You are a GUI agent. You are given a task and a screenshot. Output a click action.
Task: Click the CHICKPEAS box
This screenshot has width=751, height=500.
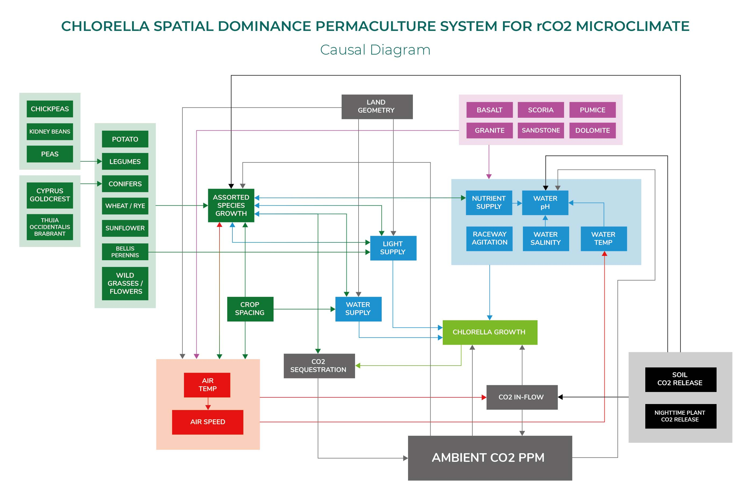(50, 109)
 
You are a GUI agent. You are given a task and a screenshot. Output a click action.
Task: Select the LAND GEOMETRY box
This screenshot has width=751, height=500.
(377, 106)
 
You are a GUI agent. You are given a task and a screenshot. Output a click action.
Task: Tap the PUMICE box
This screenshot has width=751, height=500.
(592, 110)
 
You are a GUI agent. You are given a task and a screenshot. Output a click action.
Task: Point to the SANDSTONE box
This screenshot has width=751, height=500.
(540, 130)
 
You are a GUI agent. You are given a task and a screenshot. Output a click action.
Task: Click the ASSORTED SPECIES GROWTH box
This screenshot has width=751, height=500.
(231, 205)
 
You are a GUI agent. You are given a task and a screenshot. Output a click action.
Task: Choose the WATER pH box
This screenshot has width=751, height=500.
(545, 202)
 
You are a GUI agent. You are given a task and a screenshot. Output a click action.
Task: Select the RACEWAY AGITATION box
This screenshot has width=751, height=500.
(489, 238)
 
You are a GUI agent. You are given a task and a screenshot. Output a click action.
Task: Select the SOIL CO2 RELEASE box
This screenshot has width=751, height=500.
(680, 379)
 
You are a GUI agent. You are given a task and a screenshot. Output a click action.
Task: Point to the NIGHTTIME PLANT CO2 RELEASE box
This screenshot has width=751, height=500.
(680, 416)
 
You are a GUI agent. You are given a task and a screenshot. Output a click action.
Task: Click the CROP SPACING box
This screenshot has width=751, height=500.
(250, 309)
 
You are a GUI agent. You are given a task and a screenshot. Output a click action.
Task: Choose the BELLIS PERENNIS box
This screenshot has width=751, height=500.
(125, 252)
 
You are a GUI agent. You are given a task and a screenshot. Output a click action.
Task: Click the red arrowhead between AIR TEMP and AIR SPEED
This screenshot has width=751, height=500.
(208, 407)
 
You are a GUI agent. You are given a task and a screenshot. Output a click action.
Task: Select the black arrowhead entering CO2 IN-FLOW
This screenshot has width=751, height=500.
(560, 397)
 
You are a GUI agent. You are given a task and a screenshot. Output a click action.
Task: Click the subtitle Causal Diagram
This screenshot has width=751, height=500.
(375, 50)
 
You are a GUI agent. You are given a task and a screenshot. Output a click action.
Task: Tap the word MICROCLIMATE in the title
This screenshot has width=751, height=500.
(632, 26)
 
